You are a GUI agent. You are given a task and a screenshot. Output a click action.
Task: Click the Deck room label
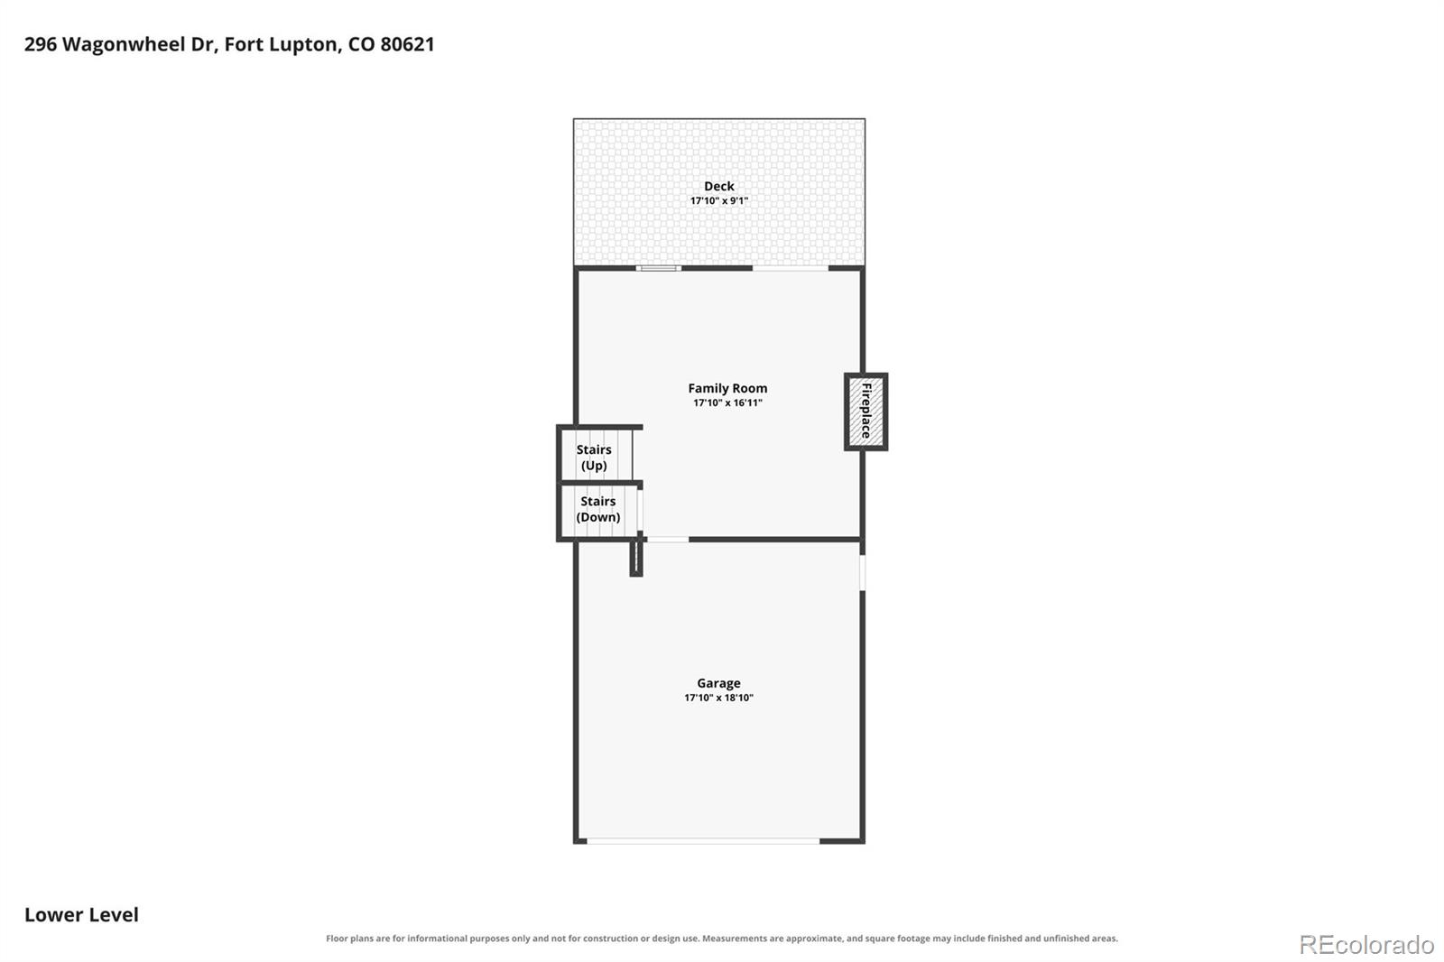[718, 186]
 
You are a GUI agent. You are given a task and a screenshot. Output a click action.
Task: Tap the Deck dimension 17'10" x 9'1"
[718, 200]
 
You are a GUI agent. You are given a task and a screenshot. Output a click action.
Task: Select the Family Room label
[727, 388]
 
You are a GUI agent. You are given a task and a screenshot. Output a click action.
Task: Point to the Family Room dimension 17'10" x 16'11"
[727, 403]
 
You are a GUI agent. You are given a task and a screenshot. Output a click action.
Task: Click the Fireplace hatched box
[865, 412]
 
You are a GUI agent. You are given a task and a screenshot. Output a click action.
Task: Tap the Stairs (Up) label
[594, 458]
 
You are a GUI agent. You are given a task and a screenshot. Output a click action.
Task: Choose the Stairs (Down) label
[597, 509]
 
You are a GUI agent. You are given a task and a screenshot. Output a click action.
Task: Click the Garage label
[718, 683]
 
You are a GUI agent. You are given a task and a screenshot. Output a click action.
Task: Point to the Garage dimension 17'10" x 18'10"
[718, 698]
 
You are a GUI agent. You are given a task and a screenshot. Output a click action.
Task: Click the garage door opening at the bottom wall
[703, 841]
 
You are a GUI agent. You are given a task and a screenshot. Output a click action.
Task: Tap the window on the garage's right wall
[863, 572]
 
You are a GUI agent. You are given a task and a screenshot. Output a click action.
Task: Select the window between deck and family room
[658, 268]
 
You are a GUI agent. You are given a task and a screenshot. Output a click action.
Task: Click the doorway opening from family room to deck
[791, 268]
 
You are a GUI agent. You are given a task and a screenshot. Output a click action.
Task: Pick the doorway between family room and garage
[667, 539]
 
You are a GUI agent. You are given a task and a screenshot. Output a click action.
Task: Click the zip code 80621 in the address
[407, 44]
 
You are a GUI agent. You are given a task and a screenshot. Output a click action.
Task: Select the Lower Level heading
[81, 914]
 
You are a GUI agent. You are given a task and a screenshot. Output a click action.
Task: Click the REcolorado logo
[1366, 945]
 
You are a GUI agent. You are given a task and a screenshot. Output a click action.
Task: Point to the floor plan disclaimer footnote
[721, 939]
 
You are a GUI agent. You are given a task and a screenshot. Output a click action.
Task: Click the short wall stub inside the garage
[636, 557]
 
